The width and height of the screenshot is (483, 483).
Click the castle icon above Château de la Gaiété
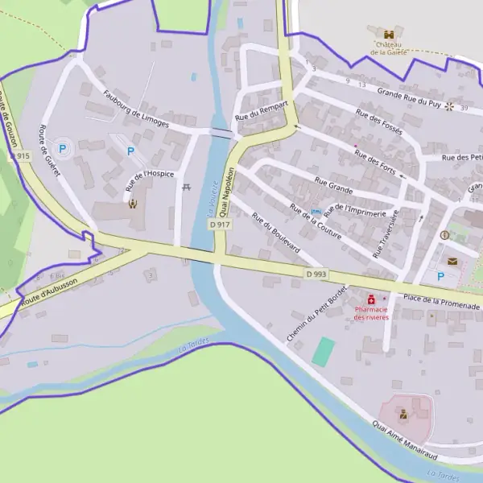[390, 35]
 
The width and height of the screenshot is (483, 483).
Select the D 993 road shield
[316, 275]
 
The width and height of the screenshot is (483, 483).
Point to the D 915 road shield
[22, 155]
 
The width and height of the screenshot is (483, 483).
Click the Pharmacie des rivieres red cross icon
[371, 299]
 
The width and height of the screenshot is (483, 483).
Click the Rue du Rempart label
[261, 111]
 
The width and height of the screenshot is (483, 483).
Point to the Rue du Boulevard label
[275, 233]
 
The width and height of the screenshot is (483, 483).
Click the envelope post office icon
[452, 261]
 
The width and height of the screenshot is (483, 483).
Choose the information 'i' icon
[444, 235]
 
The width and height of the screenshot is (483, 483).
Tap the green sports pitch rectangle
[324, 352]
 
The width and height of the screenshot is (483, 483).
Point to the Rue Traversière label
[386, 233]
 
